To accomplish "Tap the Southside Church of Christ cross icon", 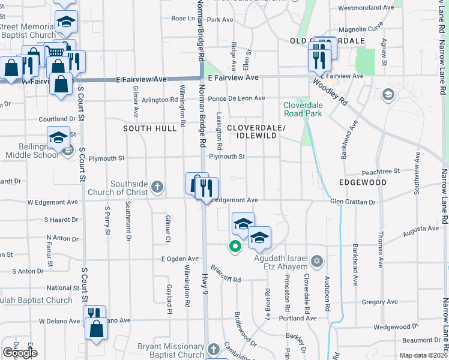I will pyautogui.click(x=157, y=187).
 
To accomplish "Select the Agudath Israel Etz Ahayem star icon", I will pyautogui.click(x=317, y=262).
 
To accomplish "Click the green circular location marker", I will pyautogui.click(x=235, y=245).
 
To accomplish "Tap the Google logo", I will pyautogui.click(x=20, y=353).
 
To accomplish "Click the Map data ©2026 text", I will pyautogui.click(x=423, y=355).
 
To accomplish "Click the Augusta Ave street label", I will pyautogui.click(x=421, y=229).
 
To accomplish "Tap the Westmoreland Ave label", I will pyautogui.click(x=366, y=9).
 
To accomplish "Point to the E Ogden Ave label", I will pyautogui.click(x=179, y=259).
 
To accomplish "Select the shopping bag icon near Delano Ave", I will pyautogui.click(x=96, y=328).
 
